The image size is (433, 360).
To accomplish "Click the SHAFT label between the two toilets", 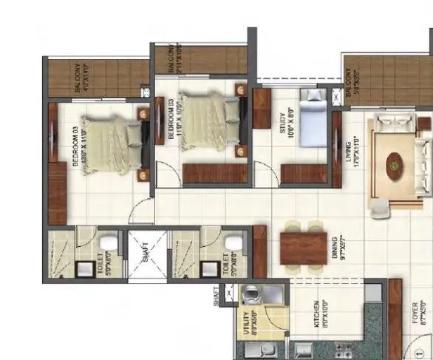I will pyautogui.click(x=146, y=254).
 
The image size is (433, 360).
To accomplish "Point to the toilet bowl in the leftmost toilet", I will pyautogui.click(x=107, y=243).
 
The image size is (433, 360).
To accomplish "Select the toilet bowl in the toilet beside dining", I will pyautogui.click(x=232, y=243).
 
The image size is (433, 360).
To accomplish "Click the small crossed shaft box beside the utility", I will pyautogui.click(x=229, y=293).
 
